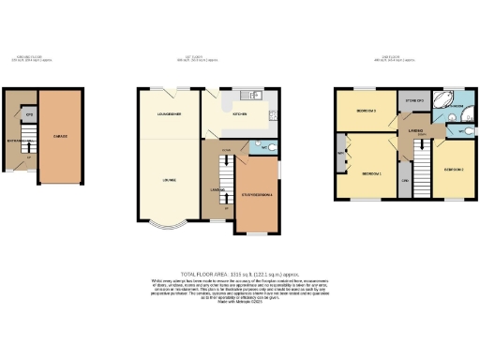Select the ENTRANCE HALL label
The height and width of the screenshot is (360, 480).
pos(20,142)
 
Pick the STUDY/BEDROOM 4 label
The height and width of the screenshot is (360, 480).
pos(257,194)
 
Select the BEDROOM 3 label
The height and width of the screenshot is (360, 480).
pos(367,112)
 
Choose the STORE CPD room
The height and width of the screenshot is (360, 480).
pos(413,99)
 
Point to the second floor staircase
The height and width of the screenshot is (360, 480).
pos(423,174)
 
